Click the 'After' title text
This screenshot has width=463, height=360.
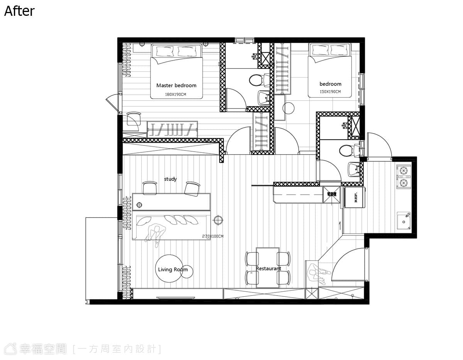click(19, 11)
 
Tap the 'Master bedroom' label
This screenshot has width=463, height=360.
click(176, 85)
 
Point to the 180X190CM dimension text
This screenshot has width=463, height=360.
click(176, 95)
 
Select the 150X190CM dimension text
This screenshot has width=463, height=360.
click(330, 91)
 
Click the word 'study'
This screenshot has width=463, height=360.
click(170, 179)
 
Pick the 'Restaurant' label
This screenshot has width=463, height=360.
click(269, 269)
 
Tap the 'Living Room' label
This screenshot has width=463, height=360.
click(173, 269)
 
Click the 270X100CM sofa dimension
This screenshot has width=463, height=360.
click(213, 236)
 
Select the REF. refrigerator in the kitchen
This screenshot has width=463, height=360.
click(354, 197)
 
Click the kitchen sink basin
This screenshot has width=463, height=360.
click(404, 221)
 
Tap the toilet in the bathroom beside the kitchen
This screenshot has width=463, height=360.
click(347, 150)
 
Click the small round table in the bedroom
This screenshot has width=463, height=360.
click(288, 108)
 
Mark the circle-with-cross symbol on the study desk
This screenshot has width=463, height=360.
click(139, 205)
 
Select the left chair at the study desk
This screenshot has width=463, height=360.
click(150, 188)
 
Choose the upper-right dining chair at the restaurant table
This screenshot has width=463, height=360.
click(284, 259)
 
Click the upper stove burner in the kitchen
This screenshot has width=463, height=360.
click(403, 171)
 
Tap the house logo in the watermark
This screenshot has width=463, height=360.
click(10, 349)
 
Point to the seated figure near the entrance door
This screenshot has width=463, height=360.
click(319, 274)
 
